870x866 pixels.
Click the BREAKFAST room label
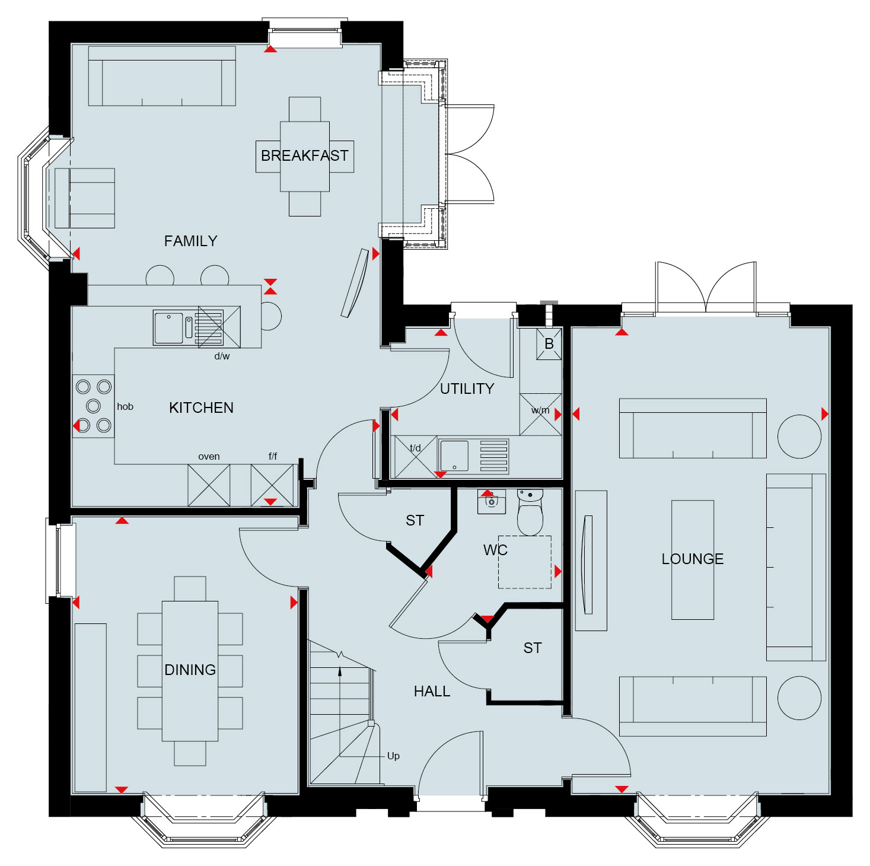click(x=304, y=156)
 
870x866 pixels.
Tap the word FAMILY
click(x=190, y=241)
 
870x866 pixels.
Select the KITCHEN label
click(x=201, y=407)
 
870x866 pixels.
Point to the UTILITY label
click(x=467, y=389)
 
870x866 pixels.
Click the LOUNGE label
click(x=692, y=559)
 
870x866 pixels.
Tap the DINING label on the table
click(x=190, y=670)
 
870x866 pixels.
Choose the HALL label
click(x=432, y=691)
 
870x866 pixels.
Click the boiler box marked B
click(x=549, y=344)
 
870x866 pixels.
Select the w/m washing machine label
click(x=540, y=410)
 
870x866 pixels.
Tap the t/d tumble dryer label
click(x=415, y=448)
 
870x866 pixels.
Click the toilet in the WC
click(x=530, y=512)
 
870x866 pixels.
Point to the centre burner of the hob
click(x=93, y=406)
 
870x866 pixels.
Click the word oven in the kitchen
click(x=209, y=456)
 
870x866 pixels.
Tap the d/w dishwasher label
click(x=222, y=356)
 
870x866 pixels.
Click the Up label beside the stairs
click(x=393, y=756)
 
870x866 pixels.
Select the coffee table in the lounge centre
click(x=692, y=560)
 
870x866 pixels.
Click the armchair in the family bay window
click(x=84, y=198)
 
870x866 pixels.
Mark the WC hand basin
click(x=491, y=501)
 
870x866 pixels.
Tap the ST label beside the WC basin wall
click(x=415, y=520)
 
